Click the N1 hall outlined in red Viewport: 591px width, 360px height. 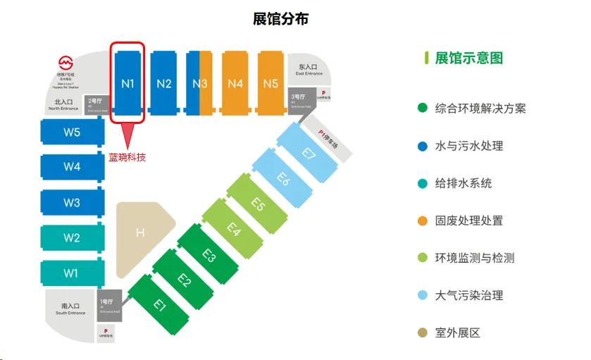pos(127,83)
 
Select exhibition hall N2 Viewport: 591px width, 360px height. pos(164,83)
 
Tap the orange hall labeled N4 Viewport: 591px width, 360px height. pos(235,83)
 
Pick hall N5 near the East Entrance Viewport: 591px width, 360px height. pos(270,83)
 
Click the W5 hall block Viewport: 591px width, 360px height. pos(71,132)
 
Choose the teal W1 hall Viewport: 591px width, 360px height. pos(71,273)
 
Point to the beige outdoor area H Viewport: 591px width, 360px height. pos(141,231)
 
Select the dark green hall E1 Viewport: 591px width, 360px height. pos(160,304)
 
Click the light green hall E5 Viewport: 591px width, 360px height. pos(258,205)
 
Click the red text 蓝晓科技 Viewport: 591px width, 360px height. pos(127,157)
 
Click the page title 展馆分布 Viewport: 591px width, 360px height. pos(280,19)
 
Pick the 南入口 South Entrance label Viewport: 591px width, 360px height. pos(71,308)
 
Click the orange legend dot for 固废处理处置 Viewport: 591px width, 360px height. pos(423,221)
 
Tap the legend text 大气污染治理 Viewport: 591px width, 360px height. pos(469,295)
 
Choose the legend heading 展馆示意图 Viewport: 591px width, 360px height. pos(469,58)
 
